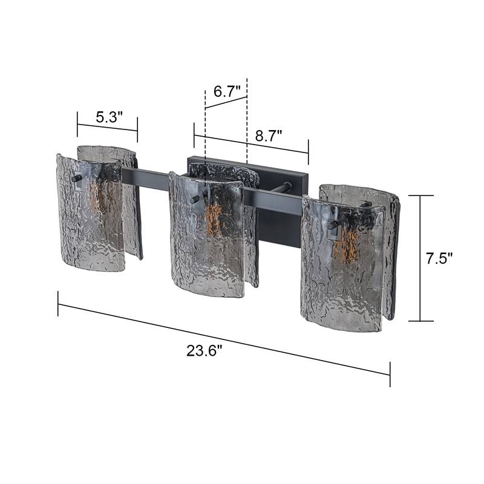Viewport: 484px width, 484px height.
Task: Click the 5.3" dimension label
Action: point(109,117)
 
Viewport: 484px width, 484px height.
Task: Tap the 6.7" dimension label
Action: point(227,92)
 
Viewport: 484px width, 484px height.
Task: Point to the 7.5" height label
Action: point(439,258)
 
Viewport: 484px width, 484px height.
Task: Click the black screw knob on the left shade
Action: point(75,178)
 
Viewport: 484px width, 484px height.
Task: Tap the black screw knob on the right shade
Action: point(332,226)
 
